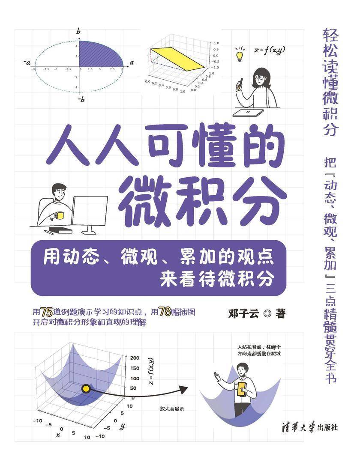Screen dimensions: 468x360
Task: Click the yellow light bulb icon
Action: pos(240,56)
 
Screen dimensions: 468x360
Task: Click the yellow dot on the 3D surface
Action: pos(86,388)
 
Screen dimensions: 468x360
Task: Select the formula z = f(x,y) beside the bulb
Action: pos(270,51)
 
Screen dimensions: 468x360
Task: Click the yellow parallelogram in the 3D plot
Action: pos(177,59)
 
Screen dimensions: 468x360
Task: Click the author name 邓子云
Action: pos(243,314)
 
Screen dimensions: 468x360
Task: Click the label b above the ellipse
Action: pos(78,31)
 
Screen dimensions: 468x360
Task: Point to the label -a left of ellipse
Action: pos(27,63)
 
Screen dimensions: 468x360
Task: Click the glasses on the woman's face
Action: pos(260,78)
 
